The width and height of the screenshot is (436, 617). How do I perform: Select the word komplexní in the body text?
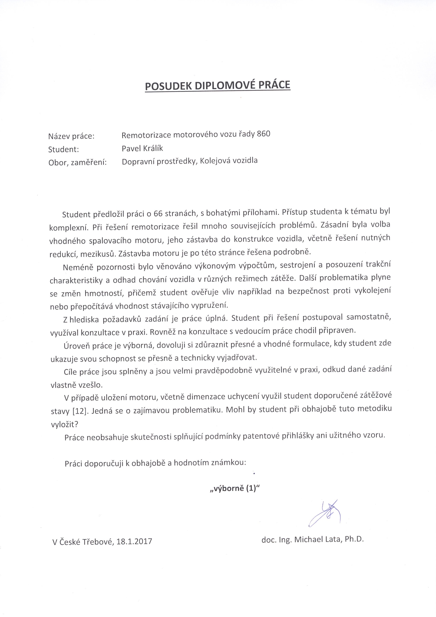pyautogui.click(x=69, y=228)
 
